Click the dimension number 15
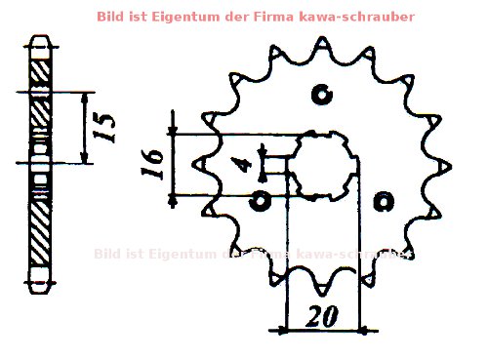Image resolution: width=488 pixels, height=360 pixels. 107,127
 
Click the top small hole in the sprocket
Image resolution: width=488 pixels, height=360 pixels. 322,95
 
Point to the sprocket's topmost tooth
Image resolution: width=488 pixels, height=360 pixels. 322,44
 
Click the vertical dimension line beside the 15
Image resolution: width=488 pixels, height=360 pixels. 86,127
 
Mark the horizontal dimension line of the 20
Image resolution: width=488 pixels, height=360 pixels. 322,328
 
